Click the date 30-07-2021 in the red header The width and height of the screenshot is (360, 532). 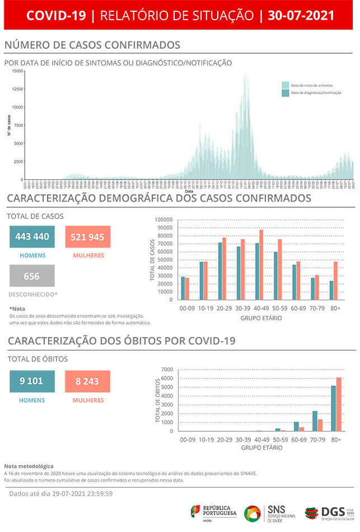[301, 16]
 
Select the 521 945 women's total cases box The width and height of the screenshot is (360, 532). [87, 237]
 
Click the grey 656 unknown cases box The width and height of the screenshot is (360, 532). [32, 276]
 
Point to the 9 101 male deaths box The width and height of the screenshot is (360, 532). [32, 381]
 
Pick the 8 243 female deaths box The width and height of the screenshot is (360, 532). [87, 381]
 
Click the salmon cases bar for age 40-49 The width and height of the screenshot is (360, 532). [261, 265]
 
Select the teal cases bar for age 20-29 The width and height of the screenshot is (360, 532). [220, 272]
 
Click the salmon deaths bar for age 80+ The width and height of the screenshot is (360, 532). [339, 404]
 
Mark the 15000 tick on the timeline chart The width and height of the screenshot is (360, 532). [17, 71]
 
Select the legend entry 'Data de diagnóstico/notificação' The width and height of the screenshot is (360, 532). [312, 93]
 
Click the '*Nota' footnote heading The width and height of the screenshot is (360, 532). [17, 309]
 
